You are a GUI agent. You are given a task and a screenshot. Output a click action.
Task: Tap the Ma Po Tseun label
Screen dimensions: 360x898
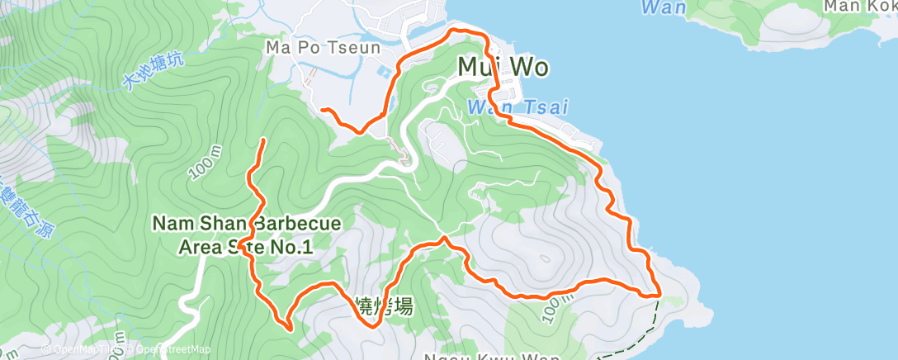coord(323,48)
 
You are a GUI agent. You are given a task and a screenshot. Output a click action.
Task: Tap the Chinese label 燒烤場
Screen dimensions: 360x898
coord(382,306)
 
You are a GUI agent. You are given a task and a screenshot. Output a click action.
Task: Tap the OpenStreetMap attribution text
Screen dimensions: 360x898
coord(169,350)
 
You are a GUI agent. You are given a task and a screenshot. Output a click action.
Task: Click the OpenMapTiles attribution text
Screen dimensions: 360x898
coord(83,350)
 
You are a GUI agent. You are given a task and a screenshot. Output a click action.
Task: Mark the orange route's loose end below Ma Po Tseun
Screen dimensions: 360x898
coord(323,109)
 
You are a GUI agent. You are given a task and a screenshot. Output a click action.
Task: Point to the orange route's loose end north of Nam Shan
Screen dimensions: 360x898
coord(263,140)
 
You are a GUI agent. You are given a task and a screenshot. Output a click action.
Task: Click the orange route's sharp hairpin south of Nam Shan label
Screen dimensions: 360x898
coord(290,328)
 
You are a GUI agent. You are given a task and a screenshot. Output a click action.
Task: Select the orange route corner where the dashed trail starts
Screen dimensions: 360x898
coord(658,294)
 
